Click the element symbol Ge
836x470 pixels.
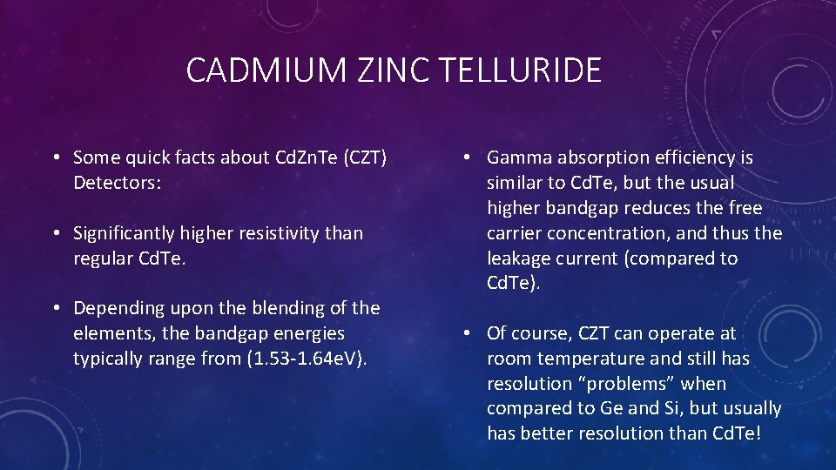pyautogui.click(x=611, y=409)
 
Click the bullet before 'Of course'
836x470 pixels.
pyautogui.click(x=468, y=333)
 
